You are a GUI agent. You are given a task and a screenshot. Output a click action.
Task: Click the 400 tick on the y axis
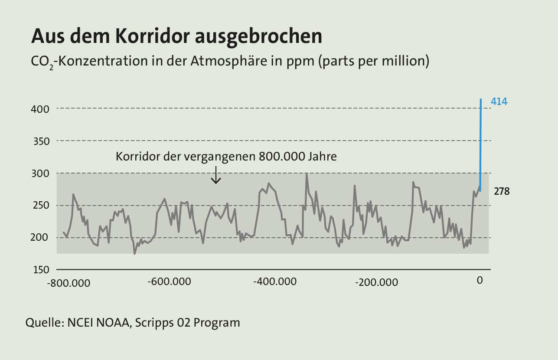(40, 109)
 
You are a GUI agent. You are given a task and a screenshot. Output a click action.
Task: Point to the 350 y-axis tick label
(40, 141)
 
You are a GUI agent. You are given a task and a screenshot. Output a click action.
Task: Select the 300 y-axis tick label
(40, 173)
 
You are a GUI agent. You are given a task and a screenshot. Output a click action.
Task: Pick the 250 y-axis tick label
(40, 206)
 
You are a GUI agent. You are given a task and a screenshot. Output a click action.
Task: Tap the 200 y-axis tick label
(40, 238)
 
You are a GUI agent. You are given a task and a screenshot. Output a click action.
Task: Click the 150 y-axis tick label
(40, 270)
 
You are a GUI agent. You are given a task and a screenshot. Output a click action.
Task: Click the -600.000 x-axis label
(169, 281)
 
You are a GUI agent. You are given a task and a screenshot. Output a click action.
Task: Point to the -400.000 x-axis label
(275, 281)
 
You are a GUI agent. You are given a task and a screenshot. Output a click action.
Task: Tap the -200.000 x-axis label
(376, 283)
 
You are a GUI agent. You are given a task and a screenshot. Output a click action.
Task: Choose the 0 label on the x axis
(480, 281)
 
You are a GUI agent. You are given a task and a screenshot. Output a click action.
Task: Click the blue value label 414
(499, 102)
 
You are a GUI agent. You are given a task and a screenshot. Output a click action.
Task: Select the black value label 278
(502, 191)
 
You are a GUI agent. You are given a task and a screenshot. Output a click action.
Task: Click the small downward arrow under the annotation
(215, 176)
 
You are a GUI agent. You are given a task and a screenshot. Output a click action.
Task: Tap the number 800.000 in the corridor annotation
(275, 157)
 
